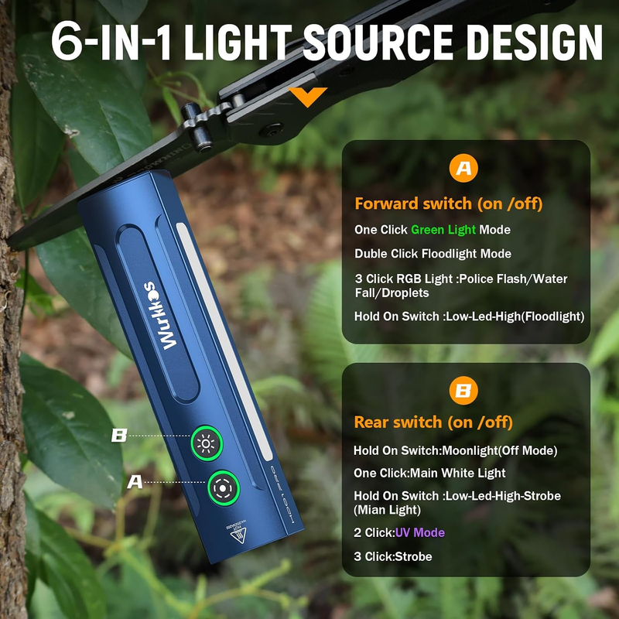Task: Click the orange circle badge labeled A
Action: (463, 168)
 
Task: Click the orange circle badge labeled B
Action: (463, 391)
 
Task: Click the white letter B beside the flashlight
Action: (119, 436)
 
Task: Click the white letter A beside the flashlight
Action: (135, 482)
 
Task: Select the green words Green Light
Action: (443, 230)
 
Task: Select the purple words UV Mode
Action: (419, 532)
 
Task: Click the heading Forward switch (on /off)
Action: (449, 203)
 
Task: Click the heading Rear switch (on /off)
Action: (433, 422)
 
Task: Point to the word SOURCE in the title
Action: (378, 43)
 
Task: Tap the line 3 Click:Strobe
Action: (393, 556)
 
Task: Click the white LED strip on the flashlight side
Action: (224, 342)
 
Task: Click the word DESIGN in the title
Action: (534, 43)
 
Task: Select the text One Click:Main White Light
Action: (429, 473)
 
